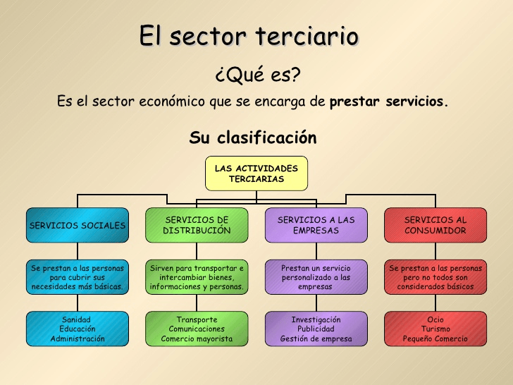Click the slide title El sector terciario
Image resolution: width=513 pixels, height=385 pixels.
[248, 36]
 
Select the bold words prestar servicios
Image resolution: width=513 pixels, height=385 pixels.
[388, 102]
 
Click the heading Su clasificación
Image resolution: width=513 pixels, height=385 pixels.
[252, 137]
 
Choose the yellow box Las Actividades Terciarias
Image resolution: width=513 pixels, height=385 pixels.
[256, 173]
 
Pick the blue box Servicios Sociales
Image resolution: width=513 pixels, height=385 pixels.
[78, 226]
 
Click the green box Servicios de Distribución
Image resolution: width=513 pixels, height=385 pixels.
[197, 226]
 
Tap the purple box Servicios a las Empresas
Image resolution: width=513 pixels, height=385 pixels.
[316, 226]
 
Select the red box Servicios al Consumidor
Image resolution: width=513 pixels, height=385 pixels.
[435, 226]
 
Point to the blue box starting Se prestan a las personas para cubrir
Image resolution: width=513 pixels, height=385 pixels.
[78, 277]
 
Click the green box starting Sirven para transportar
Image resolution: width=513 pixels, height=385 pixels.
[197, 277]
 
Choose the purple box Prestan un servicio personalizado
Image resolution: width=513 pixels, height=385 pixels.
[316, 277]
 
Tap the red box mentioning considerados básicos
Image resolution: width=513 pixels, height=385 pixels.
[435, 277]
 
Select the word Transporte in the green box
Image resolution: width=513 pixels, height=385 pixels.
[197, 319]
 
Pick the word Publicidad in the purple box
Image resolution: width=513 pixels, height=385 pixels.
[316, 329]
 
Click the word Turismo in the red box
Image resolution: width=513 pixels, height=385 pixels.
[435, 329]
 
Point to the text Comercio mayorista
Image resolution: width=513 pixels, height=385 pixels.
[197, 339]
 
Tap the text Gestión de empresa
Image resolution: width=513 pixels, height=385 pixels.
[316, 339]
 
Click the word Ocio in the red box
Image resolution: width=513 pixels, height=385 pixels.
[435, 319]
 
